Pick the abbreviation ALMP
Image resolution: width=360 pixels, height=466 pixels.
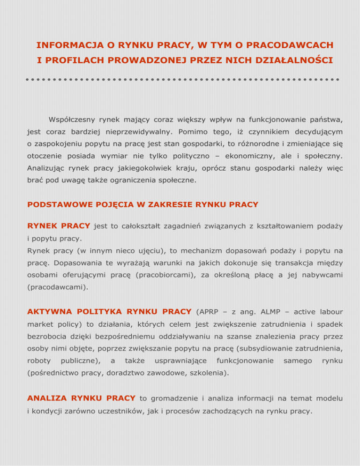[261, 312]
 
